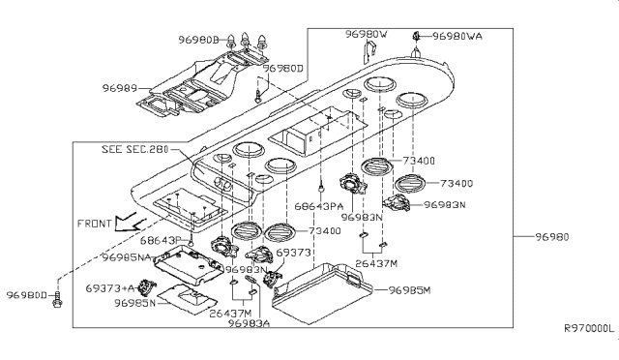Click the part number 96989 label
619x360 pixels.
tap(120, 88)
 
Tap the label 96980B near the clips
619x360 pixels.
tap(198, 40)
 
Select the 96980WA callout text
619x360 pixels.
tap(457, 37)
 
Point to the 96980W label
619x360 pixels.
tap(367, 35)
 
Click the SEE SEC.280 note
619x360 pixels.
tap(135, 149)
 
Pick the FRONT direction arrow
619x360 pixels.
tap(127, 223)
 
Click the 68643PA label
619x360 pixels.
tap(319, 207)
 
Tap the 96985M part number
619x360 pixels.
tap(410, 290)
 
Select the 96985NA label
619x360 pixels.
tap(127, 257)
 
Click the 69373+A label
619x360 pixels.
tap(110, 288)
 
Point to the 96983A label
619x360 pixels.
tap(249, 323)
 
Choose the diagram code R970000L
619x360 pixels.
tap(589, 328)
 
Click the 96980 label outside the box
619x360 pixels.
tap(552, 237)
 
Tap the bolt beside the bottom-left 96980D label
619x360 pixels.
tap(57, 299)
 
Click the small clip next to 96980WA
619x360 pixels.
tap(416, 37)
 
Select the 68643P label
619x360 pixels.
tap(161, 240)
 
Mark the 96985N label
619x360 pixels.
tap(135, 303)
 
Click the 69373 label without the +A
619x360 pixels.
tap(293, 253)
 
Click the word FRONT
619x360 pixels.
tap(94, 224)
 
